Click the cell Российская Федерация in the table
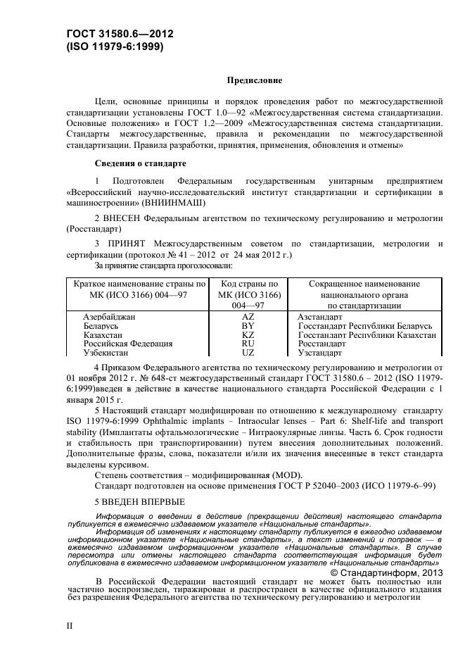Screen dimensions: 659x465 pyautogui.click(x=128, y=344)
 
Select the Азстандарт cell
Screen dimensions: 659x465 pyautogui.click(x=319, y=318)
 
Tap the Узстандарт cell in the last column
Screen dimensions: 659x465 pyautogui.click(x=319, y=352)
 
